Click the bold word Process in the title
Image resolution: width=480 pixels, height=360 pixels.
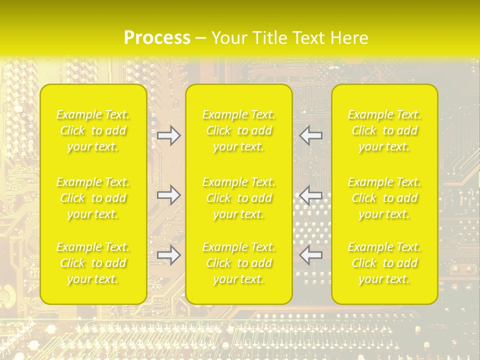(x=157, y=37)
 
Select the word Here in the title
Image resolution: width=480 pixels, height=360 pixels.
(x=349, y=37)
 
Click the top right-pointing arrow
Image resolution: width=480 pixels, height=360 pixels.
(x=168, y=135)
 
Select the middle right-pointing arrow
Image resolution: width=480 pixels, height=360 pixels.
(x=168, y=195)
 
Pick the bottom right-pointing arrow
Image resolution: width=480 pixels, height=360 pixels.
(x=168, y=255)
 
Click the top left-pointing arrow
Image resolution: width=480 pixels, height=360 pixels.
(x=311, y=135)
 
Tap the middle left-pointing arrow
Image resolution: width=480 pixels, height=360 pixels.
(x=311, y=195)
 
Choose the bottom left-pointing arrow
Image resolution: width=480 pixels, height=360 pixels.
(x=311, y=255)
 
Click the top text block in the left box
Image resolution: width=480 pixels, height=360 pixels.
(x=93, y=130)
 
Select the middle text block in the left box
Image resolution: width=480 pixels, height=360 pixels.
(x=93, y=198)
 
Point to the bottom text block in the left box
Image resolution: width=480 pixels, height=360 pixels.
(x=93, y=263)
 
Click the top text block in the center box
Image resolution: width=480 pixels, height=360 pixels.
(x=239, y=130)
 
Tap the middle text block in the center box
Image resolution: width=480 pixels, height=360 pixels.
(x=239, y=198)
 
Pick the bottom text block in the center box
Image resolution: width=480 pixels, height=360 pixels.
(x=239, y=263)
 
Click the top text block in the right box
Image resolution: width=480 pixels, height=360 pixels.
(x=384, y=130)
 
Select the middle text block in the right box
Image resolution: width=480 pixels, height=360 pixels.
(x=384, y=198)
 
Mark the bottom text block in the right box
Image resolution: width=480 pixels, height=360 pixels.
(x=384, y=263)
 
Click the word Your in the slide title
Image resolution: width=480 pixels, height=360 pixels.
(x=228, y=37)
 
